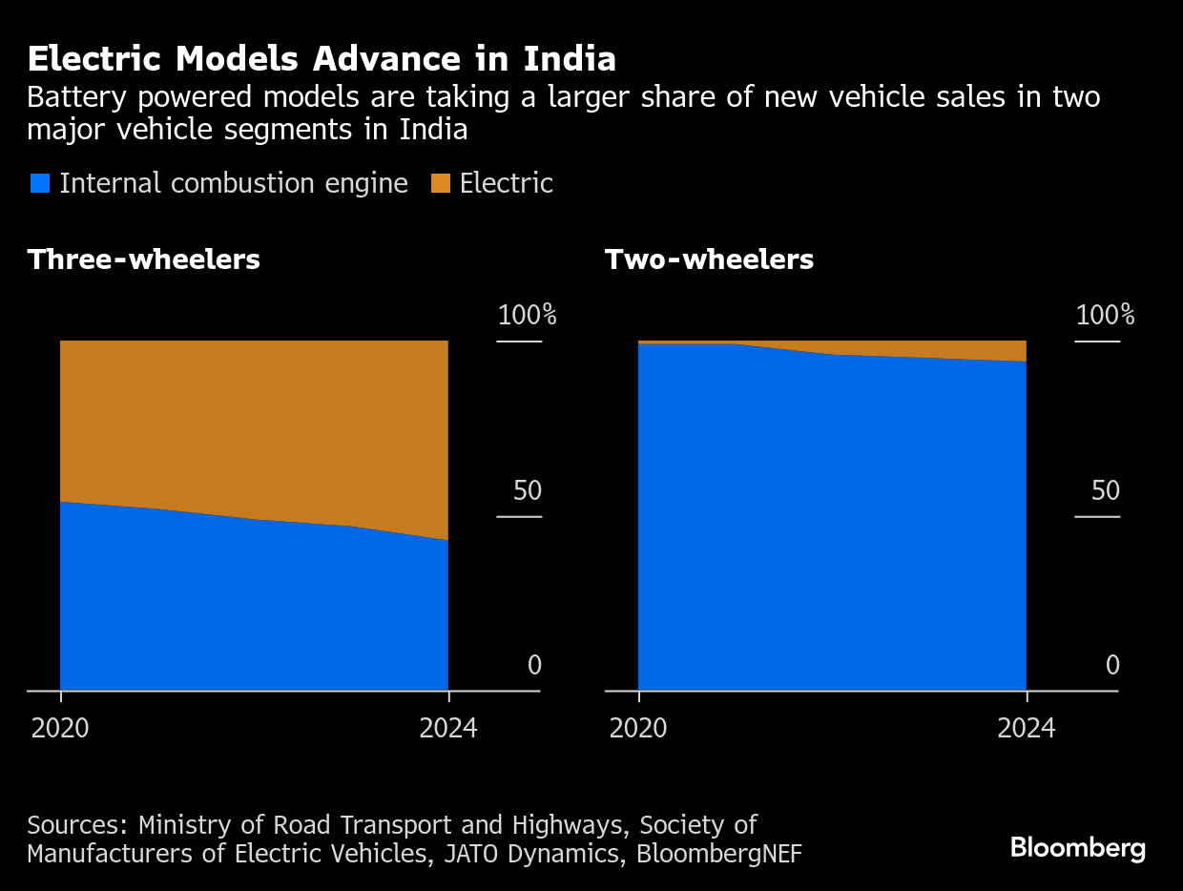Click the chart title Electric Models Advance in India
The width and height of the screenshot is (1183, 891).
[x=322, y=59]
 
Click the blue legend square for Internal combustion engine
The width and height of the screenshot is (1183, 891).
[x=40, y=183]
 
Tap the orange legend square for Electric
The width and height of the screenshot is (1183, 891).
[x=440, y=183]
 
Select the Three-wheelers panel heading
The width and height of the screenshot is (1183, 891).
[x=144, y=259]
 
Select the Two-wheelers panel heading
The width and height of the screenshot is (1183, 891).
[x=709, y=259]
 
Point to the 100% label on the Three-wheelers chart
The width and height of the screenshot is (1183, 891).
[x=527, y=316]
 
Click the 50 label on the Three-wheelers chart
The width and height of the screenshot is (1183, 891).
[x=527, y=491]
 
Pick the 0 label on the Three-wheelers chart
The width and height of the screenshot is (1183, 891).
[x=534, y=666]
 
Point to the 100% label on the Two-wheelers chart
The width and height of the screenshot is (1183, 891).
[x=1105, y=316]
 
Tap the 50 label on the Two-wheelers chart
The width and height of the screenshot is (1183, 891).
[x=1105, y=491]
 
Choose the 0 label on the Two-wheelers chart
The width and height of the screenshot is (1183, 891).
[x=1112, y=666]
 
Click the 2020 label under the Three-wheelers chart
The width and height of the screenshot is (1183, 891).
[x=60, y=729]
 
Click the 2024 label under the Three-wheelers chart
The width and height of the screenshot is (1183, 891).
[x=448, y=729]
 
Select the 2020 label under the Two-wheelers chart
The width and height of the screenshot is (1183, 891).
[x=638, y=729]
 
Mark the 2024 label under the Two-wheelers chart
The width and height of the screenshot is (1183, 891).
[x=1027, y=729]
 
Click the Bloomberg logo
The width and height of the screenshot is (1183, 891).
[x=1078, y=848]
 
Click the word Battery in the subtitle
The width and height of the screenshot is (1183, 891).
[x=74, y=98]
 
